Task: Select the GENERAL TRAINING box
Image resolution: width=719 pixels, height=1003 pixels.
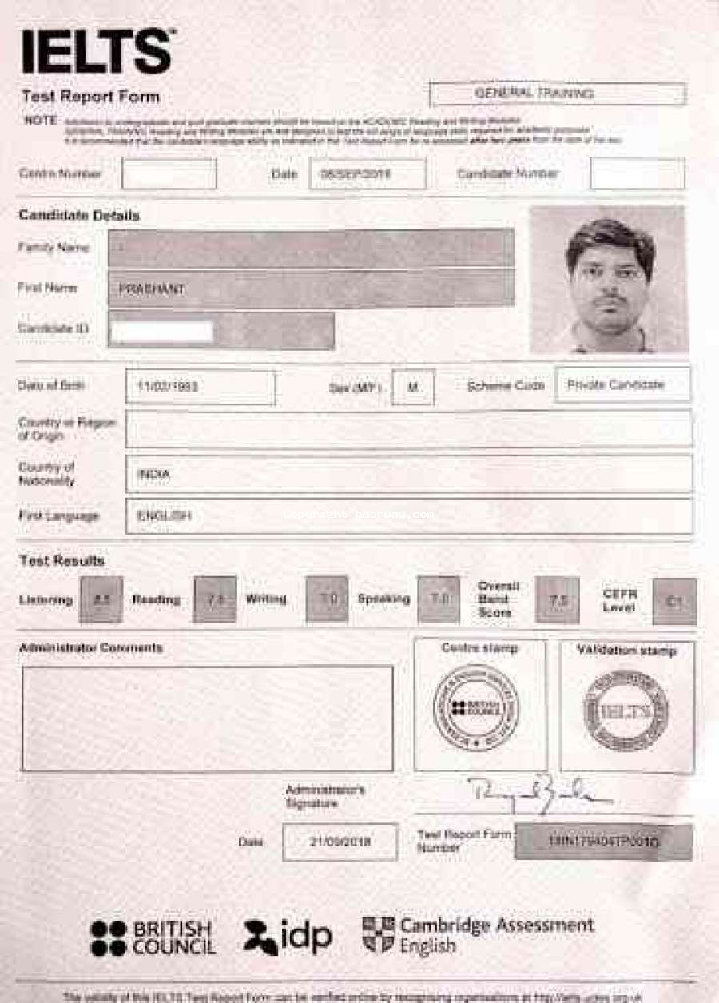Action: click(557, 94)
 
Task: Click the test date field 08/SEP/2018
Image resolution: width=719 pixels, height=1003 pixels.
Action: click(367, 173)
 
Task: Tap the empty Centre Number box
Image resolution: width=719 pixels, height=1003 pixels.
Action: click(169, 173)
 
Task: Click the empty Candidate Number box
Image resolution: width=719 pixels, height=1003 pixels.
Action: click(637, 173)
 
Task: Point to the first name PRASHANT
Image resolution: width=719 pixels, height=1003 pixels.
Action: click(151, 289)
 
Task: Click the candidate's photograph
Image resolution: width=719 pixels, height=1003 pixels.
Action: click(609, 280)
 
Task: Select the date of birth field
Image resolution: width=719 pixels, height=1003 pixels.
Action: click(200, 387)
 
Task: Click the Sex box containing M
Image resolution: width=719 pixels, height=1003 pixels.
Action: click(413, 387)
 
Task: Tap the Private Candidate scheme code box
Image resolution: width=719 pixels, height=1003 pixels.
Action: click(622, 384)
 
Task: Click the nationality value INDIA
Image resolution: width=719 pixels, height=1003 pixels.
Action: click(153, 474)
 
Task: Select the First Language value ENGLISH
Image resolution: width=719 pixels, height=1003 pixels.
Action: click(164, 516)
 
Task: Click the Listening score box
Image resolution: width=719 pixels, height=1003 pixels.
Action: click(101, 599)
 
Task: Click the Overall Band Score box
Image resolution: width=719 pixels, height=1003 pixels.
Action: click(557, 599)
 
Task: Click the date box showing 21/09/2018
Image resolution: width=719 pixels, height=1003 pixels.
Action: click(340, 842)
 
